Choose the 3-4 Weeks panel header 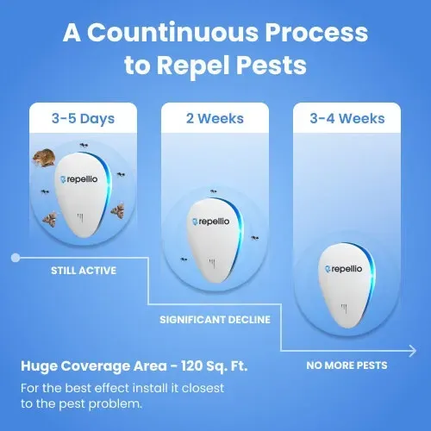coord(347,117)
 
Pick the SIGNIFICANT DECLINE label coord(215,319)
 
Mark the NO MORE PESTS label coord(347,365)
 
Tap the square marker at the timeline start coord(16,256)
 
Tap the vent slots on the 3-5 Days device coord(83,217)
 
